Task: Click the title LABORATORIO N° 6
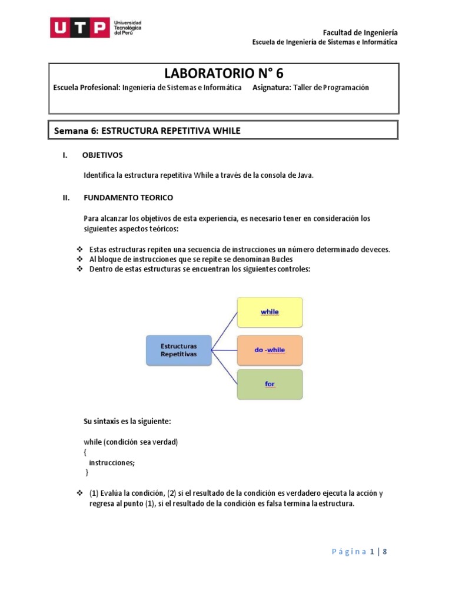(224, 73)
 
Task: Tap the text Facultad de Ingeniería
(360, 32)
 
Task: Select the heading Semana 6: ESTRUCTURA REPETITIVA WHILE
(147, 131)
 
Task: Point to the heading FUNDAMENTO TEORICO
(128, 197)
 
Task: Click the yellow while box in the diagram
(270, 312)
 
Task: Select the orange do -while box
(270, 350)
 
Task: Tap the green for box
(270, 384)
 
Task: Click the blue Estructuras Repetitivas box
(178, 350)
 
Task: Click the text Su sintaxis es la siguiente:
(128, 422)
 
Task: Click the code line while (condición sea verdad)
(131, 442)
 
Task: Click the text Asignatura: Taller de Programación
(310, 87)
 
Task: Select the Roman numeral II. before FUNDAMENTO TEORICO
(67, 197)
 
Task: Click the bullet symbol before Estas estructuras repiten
(79, 250)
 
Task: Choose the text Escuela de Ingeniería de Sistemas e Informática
(324, 42)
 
